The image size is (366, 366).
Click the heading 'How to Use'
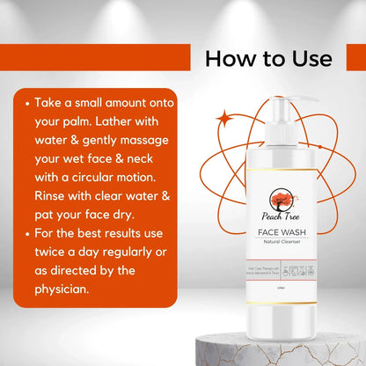click(x=269, y=58)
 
